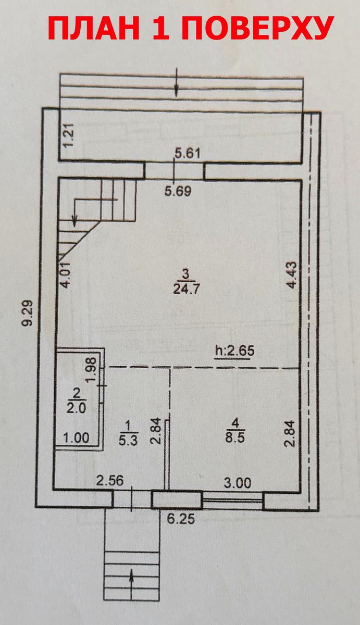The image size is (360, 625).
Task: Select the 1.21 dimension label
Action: (68, 135)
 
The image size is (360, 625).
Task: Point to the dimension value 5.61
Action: (188, 154)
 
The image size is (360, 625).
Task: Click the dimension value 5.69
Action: (178, 192)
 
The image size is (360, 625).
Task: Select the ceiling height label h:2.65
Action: (235, 351)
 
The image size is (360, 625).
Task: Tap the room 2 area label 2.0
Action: (76, 409)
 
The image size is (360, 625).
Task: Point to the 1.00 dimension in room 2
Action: (76, 438)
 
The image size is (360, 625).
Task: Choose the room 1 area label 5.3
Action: (128, 440)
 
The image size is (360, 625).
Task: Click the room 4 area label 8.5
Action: (235, 438)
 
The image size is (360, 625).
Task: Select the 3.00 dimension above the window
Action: (238, 483)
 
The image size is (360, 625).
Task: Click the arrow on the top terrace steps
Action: (177, 82)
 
